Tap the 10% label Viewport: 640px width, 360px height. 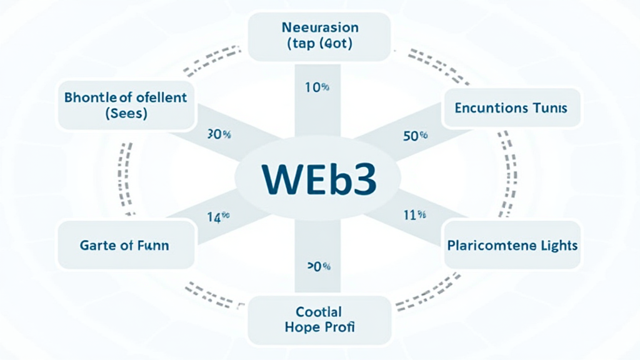click(x=316, y=88)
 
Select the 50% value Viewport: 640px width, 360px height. click(x=415, y=136)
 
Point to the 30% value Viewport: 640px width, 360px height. click(x=219, y=134)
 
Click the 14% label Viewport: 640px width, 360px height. click(x=218, y=217)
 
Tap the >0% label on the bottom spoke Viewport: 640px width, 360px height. click(x=318, y=267)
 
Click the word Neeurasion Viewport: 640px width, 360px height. click(x=320, y=28)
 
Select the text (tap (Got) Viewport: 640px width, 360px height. click(x=319, y=45)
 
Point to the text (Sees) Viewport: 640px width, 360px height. click(x=126, y=115)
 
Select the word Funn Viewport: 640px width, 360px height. click(x=152, y=245)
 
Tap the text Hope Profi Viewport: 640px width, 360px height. click(x=319, y=326)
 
